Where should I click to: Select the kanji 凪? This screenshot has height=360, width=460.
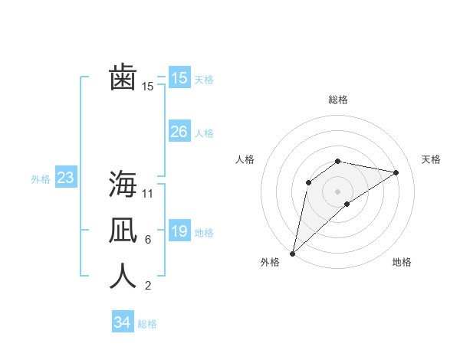(x=123, y=230)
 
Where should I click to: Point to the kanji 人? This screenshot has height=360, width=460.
(x=123, y=276)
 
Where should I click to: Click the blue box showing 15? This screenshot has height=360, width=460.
(x=179, y=78)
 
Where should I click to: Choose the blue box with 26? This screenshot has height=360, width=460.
(x=179, y=132)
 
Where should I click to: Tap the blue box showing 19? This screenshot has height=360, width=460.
(x=179, y=231)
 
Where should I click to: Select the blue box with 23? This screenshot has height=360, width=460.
(x=65, y=178)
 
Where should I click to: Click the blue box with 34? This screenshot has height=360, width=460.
(x=122, y=322)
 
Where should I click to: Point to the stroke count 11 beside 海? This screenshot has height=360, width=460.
(x=148, y=193)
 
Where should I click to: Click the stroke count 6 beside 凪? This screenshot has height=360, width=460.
(x=147, y=240)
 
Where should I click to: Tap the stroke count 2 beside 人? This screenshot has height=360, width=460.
(x=147, y=286)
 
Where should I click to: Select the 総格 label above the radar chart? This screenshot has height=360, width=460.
(x=337, y=100)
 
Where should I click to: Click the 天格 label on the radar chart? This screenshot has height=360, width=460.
(x=431, y=159)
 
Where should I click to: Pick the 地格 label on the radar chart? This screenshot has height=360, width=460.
(x=402, y=262)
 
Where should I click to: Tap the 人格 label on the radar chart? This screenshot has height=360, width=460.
(x=245, y=159)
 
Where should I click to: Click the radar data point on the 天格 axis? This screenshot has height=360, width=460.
(x=396, y=172)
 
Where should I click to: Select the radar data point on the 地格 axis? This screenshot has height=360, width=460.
(x=347, y=204)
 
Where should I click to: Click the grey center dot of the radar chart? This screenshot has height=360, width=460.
(x=337, y=191)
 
